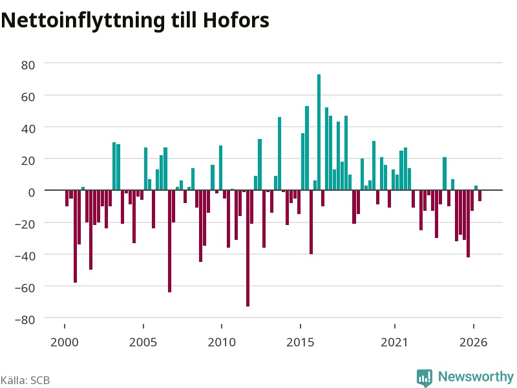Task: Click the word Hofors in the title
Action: pyautogui.click(x=236, y=21)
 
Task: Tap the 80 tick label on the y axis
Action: pyautogui.click(x=28, y=65)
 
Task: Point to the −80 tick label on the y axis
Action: pyautogui.click(x=25, y=319)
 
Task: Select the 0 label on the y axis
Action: pyautogui.click(x=32, y=192)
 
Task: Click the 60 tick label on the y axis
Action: pyautogui.click(x=28, y=97)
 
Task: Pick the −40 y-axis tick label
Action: pyautogui.click(x=25, y=256)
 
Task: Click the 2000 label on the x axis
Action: pyautogui.click(x=64, y=342)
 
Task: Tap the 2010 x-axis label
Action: pyautogui.click(x=222, y=342)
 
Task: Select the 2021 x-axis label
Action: pyautogui.click(x=394, y=342)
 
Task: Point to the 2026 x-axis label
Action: pyautogui.click(x=473, y=342)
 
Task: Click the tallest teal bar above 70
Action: pyautogui.click(x=319, y=133)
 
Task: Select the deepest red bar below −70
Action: pyautogui.click(x=248, y=248)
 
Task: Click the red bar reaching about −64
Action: pyautogui.click(x=169, y=241)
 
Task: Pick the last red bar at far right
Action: pyautogui.click(x=480, y=196)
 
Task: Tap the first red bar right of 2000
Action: pyautogui.click(x=67, y=199)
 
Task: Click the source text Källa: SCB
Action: pyautogui.click(x=25, y=380)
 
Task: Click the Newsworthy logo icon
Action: pyautogui.click(x=425, y=378)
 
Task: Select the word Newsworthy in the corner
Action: pyautogui.click(x=476, y=376)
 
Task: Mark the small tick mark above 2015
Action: pyautogui.click(x=301, y=327)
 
